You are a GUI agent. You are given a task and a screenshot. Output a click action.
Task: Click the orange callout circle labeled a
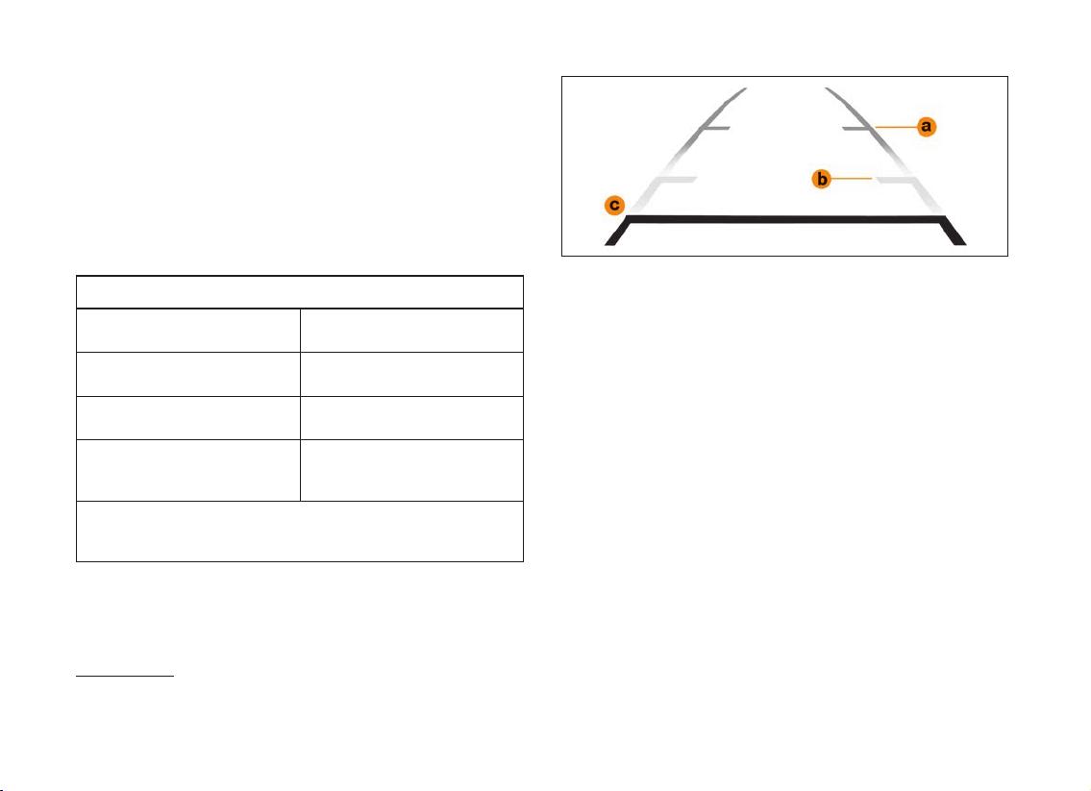(x=926, y=127)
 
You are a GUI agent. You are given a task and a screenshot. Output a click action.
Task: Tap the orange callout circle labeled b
(x=822, y=179)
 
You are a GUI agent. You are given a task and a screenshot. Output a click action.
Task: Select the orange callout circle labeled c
(x=614, y=206)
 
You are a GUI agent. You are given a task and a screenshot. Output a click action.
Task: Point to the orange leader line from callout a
(x=896, y=127)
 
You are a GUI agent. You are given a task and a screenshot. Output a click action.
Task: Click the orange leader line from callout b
(x=852, y=179)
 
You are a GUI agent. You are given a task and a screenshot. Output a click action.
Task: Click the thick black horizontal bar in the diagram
(x=784, y=219)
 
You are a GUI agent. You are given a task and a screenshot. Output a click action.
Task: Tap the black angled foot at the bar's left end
(x=618, y=232)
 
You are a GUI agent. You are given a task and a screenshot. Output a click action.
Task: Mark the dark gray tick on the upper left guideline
(x=714, y=128)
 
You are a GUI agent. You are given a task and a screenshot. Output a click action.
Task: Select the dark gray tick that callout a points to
(x=858, y=129)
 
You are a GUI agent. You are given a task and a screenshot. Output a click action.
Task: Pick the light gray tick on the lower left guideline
(x=678, y=180)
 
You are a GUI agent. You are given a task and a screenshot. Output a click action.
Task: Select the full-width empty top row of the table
(x=299, y=292)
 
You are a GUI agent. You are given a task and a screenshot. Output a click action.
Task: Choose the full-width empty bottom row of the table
(x=299, y=531)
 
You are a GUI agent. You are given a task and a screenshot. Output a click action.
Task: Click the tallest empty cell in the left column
(x=187, y=470)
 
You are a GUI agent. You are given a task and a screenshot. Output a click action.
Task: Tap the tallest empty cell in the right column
(x=412, y=470)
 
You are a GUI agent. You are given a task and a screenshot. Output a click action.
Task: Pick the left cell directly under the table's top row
(x=187, y=331)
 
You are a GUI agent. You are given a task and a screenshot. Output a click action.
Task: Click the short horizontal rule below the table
(x=124, y=675)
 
